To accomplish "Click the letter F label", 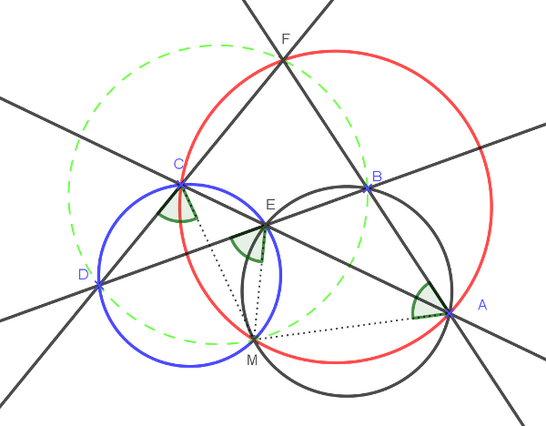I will pyautogui.click(x=286, y=40).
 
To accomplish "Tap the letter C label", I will pyautogui.click(x=179, y=164).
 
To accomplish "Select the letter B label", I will pyautogui.click(x=377, y=177).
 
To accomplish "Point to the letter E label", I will pyautogui.click(x=270, y=205).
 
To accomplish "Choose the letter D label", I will pyautogui.click(x=83, y=274).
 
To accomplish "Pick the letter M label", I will pyautogui.click(x=252, y=360).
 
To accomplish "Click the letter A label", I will pyautogui.click(x=482, y=305).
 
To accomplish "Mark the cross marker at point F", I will pyautogui.click(x=283, y=59).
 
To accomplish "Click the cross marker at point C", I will pyautogui.click(x=181, y=185).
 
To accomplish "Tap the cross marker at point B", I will pyautogui.click(x=368, y=188).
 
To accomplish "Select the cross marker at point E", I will pyautogui.click(x=266, y=224).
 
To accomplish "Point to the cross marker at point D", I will pyautogui.click(x=98, y=285).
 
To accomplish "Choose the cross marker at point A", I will pyautogui.click(x=450, y=313).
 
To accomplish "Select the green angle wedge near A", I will pyautogui.click(x=424, y=302).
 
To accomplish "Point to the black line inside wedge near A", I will pyautogui.click(x=430, y=304).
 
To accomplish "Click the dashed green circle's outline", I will pyautogui.click(x=68, y=189).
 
